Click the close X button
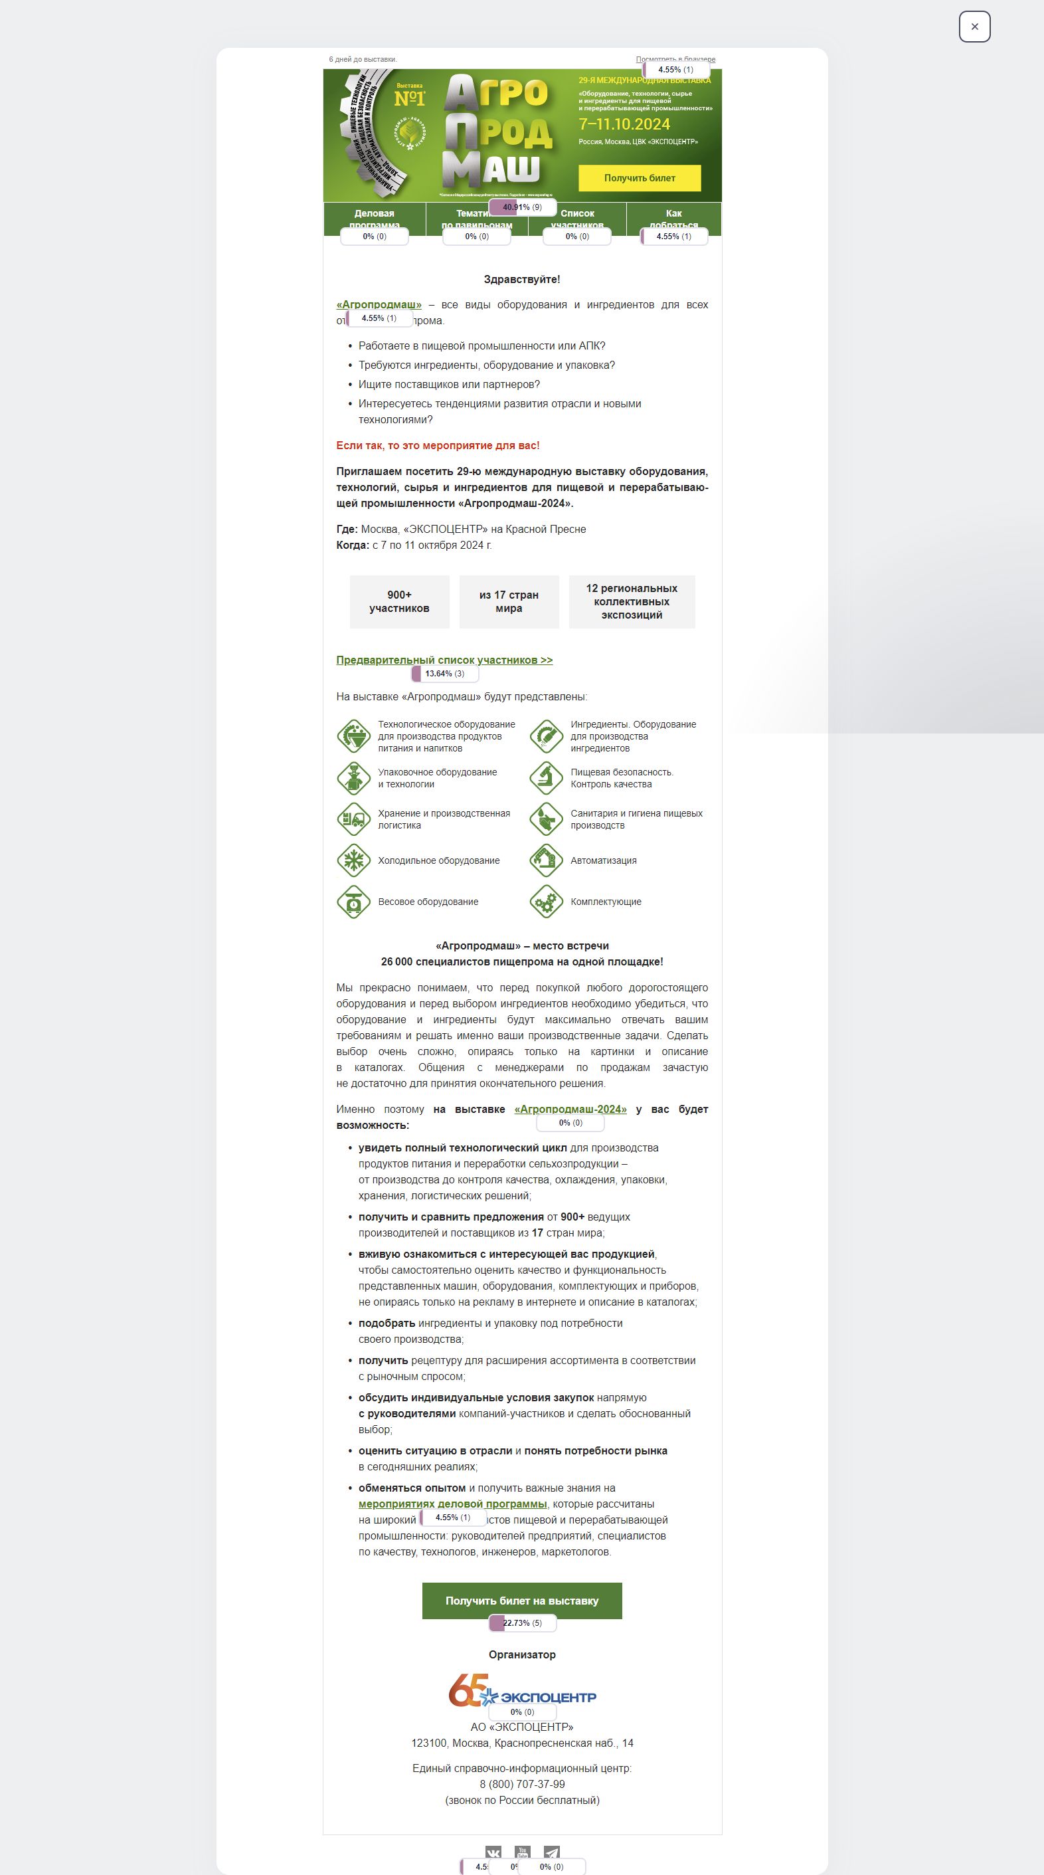tap(974, 27)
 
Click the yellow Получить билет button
tap(640, 178)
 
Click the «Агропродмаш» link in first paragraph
tap(379, 304)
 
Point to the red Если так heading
tap(438, 445)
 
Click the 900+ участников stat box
tap(399, 602)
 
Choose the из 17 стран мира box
tap(509, 602)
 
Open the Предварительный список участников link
tap(444, 660)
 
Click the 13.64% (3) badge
tap(444, 674)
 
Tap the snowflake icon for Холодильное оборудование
tap(353, 860)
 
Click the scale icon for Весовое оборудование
tap(353, 902)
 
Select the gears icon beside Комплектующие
tap(546, 902)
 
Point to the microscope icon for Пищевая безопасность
tap(546, 778)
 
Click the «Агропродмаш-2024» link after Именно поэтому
tap(570, 1110)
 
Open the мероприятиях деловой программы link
tap(452, 1504)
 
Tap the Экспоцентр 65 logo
tap(521, 1691)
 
